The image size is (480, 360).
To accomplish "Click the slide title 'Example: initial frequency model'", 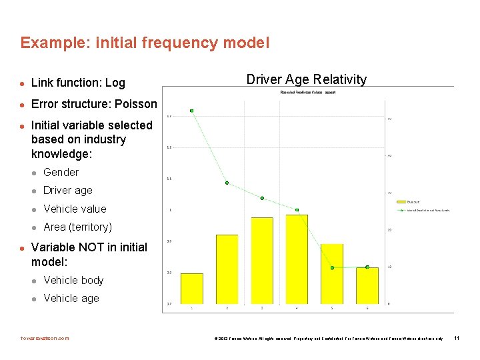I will [x=145, y=43].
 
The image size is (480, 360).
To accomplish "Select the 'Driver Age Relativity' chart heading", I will [x=306, y=79].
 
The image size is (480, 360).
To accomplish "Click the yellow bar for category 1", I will [x=192, y=288].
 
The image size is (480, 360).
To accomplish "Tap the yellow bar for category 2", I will [x=227, y=269].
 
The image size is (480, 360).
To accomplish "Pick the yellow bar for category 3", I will [x=262, y=260].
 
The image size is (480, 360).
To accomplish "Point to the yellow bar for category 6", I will [x=367, y=285].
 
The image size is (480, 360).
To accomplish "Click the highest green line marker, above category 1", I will [x=192, y=111].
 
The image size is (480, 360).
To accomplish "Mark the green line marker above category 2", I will [x=227, y=183].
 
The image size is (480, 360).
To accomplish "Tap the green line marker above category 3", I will [x=262, y=198].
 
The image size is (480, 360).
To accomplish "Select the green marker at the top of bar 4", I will [x=297, y=210].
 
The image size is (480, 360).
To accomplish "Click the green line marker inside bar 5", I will [x=332, y=268].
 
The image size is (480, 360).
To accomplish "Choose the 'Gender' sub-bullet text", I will [x=61, y=172].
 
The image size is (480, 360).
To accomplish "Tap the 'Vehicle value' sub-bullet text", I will [x=75, y=209].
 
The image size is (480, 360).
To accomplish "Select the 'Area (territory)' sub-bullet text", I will [x=77, y=227].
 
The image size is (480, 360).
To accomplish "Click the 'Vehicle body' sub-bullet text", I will [x=73, y=280].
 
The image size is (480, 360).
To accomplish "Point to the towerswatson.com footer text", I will [x=45, y=338].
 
